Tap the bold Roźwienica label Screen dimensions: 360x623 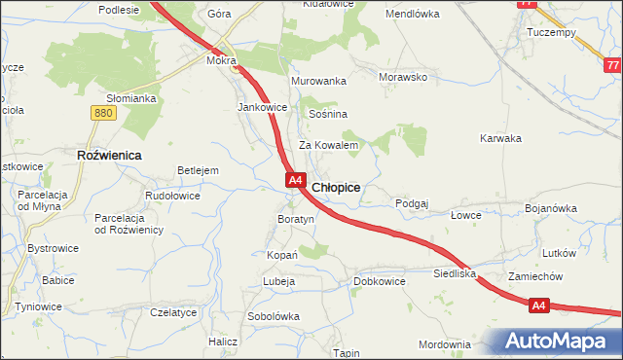(x=109, y=155)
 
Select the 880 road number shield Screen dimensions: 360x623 (x=103, y=114)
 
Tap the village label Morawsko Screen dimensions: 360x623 (x=404, y=77)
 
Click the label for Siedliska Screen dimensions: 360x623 (x=455, y=274)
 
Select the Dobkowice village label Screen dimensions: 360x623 (x=379, y=281)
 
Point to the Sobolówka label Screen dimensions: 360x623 (x=274, y=316)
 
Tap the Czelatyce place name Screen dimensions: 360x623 (x=174, y=312)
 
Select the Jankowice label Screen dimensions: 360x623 (x=262, y=107)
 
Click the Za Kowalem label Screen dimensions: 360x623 (x=329, y=145)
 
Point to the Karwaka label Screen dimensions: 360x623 (x=500, y=138)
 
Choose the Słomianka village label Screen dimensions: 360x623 (x=131, y=98)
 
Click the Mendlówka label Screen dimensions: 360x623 (x=413, y=15)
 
